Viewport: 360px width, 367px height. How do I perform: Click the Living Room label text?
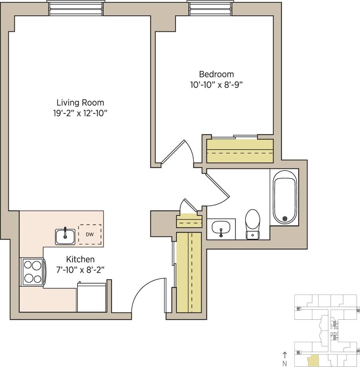point(80,103)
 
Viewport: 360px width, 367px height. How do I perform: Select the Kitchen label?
point(80,259)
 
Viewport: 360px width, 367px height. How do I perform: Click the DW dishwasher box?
point(90,234)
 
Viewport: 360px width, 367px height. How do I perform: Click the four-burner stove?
point(32,272)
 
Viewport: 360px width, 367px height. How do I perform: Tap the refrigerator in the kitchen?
point(91,297)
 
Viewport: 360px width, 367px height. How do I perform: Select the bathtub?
point(285,197)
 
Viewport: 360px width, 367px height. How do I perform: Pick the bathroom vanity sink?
point(221,229)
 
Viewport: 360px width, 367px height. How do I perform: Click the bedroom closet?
point(240,151)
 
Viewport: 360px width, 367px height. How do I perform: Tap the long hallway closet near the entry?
point(189,272)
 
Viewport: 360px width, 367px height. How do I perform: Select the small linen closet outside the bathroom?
point(189,221)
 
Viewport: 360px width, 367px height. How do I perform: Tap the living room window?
point(76,8)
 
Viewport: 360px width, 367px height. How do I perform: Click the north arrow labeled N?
point(285,359)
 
